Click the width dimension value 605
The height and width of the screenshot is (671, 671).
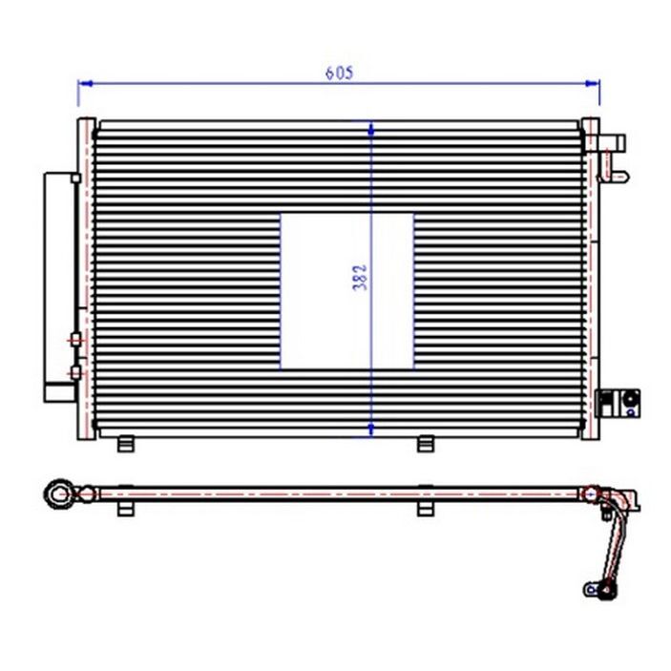pyautogui.click(x=340, y=73)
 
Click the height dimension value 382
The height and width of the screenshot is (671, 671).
pyautogui.click(x=361, y=278)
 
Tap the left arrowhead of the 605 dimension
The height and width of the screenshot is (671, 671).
pyautogui.click(x=86, y=83)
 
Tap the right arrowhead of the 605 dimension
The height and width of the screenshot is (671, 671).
pyautogui.click(x=593, y=83)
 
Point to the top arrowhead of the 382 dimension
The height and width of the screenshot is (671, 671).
pyautogui.click(x=371, y=129)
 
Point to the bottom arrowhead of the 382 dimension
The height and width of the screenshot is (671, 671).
pyautogui.click(x=371, y=430)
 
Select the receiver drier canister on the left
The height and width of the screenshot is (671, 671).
pyautogui.click(x=60, y=287)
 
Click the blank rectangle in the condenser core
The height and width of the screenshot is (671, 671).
pyautogui.click(x=347, y=291)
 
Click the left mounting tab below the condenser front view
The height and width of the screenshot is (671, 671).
pyautogui.click(x=126, y=444)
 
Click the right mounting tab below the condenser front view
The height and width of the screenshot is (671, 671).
pyautogui.click(x=426, y=444)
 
